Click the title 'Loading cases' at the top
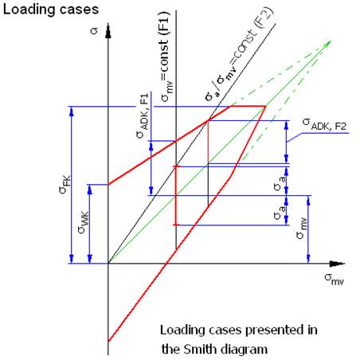50,10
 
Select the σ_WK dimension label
84,222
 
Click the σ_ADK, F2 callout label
324,124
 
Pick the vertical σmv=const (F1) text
166,57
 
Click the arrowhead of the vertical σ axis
108,30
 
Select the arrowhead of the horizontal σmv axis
337,264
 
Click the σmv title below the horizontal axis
334,279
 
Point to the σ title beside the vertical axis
94,31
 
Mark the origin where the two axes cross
108,264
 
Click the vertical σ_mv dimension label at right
302,229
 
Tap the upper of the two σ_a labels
280,183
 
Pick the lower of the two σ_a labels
280,212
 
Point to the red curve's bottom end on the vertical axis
108,342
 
